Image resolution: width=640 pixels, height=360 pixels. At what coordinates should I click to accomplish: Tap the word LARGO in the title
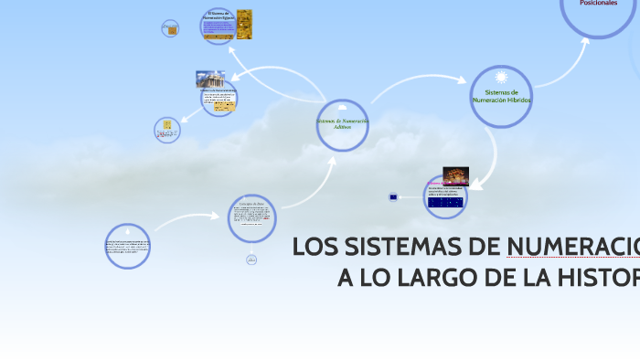coord(452,278)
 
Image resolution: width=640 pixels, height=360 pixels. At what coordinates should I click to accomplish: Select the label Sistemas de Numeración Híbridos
coord(501,96)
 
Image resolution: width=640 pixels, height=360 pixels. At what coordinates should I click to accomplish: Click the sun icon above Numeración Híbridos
coord(501,77)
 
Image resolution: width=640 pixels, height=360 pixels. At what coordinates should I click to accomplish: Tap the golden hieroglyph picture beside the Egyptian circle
coord(244,25)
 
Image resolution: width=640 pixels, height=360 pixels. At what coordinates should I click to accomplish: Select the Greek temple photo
coord(210,79)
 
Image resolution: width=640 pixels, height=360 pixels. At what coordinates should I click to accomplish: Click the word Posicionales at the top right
coord(598,4)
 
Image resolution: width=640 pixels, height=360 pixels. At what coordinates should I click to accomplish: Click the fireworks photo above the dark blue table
coord(455,175)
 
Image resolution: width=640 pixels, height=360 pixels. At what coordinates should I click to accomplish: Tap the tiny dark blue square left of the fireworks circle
coord(393,196)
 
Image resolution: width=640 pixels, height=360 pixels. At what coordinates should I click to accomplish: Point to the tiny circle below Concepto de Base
coord(251,260)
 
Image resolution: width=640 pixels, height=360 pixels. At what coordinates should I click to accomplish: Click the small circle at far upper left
coord(170,28)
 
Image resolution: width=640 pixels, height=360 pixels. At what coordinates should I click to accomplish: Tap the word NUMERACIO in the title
coord(571,248)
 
